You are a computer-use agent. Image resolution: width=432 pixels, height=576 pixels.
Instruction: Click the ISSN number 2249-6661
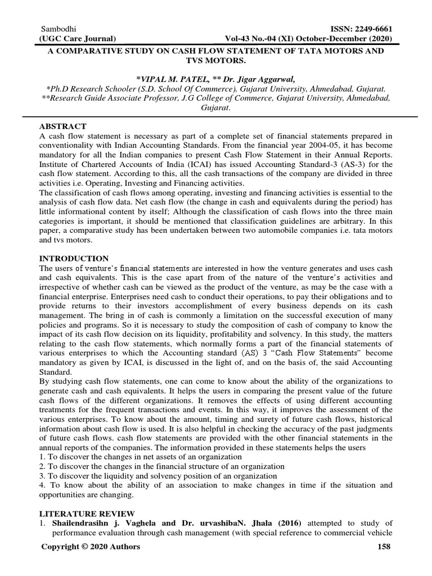[x=370, y=29]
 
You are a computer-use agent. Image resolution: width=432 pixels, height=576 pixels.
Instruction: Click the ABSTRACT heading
[x=63, y=125]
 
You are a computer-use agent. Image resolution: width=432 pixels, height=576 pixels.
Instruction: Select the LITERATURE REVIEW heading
[x=87, y=514]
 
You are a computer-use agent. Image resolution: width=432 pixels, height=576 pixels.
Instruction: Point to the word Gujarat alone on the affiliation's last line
[x=216, y=107]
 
